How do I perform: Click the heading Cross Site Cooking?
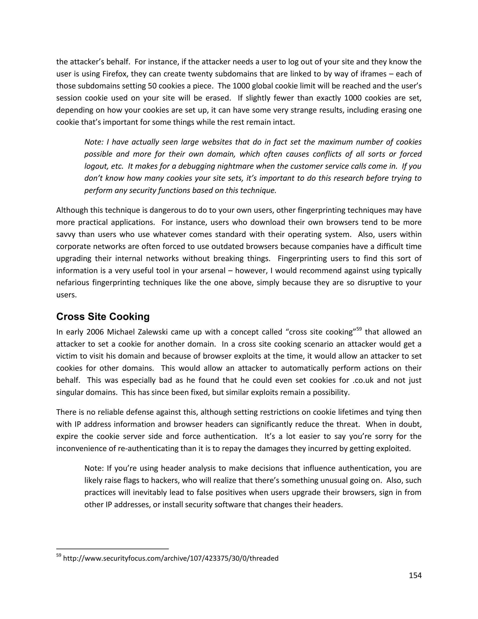pyautogui.click(x=103, y=317)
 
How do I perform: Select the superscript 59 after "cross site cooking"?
pyautogui.click(x=359, y=329)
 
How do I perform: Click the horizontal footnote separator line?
pyautogui.click(x=112, y=549)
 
